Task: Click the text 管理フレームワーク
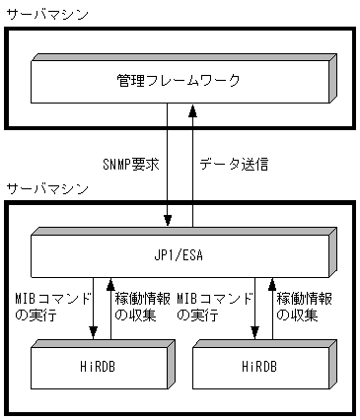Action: tap(178, 80)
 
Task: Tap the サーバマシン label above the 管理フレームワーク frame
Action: tap(45, 15)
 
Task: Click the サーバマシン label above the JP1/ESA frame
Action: tap(45, 187)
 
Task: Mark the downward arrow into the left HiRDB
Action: tap(92, 311)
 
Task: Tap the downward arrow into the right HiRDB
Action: tap(254, 311)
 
